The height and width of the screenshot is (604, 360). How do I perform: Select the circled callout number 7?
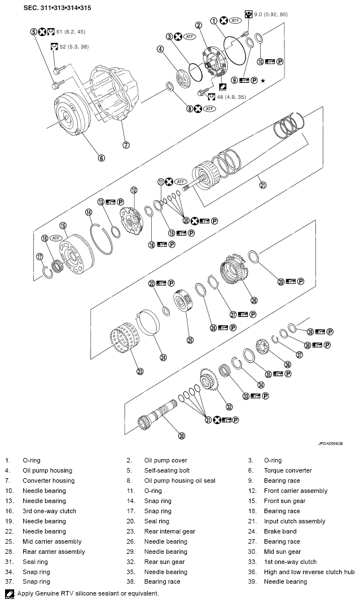pyautogui.click(x=126, y=144)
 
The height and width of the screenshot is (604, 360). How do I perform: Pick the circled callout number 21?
pyautogui.click(x=262, y=183)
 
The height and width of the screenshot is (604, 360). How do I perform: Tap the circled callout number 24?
pyautogui.click(x=163, y=356)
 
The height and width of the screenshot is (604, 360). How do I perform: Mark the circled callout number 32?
pyautogui.click(x=229, y=406)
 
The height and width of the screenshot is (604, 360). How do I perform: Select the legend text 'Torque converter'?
pyautogui.click(x=288, y=470)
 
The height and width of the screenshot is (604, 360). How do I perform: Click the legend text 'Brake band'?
pyautogui.click(x=280, y=531)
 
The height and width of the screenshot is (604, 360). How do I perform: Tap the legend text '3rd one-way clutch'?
pyautogui.click(x=49, y=511)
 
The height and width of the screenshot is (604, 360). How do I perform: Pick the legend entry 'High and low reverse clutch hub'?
pyautogui.click(x=309, y=572)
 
